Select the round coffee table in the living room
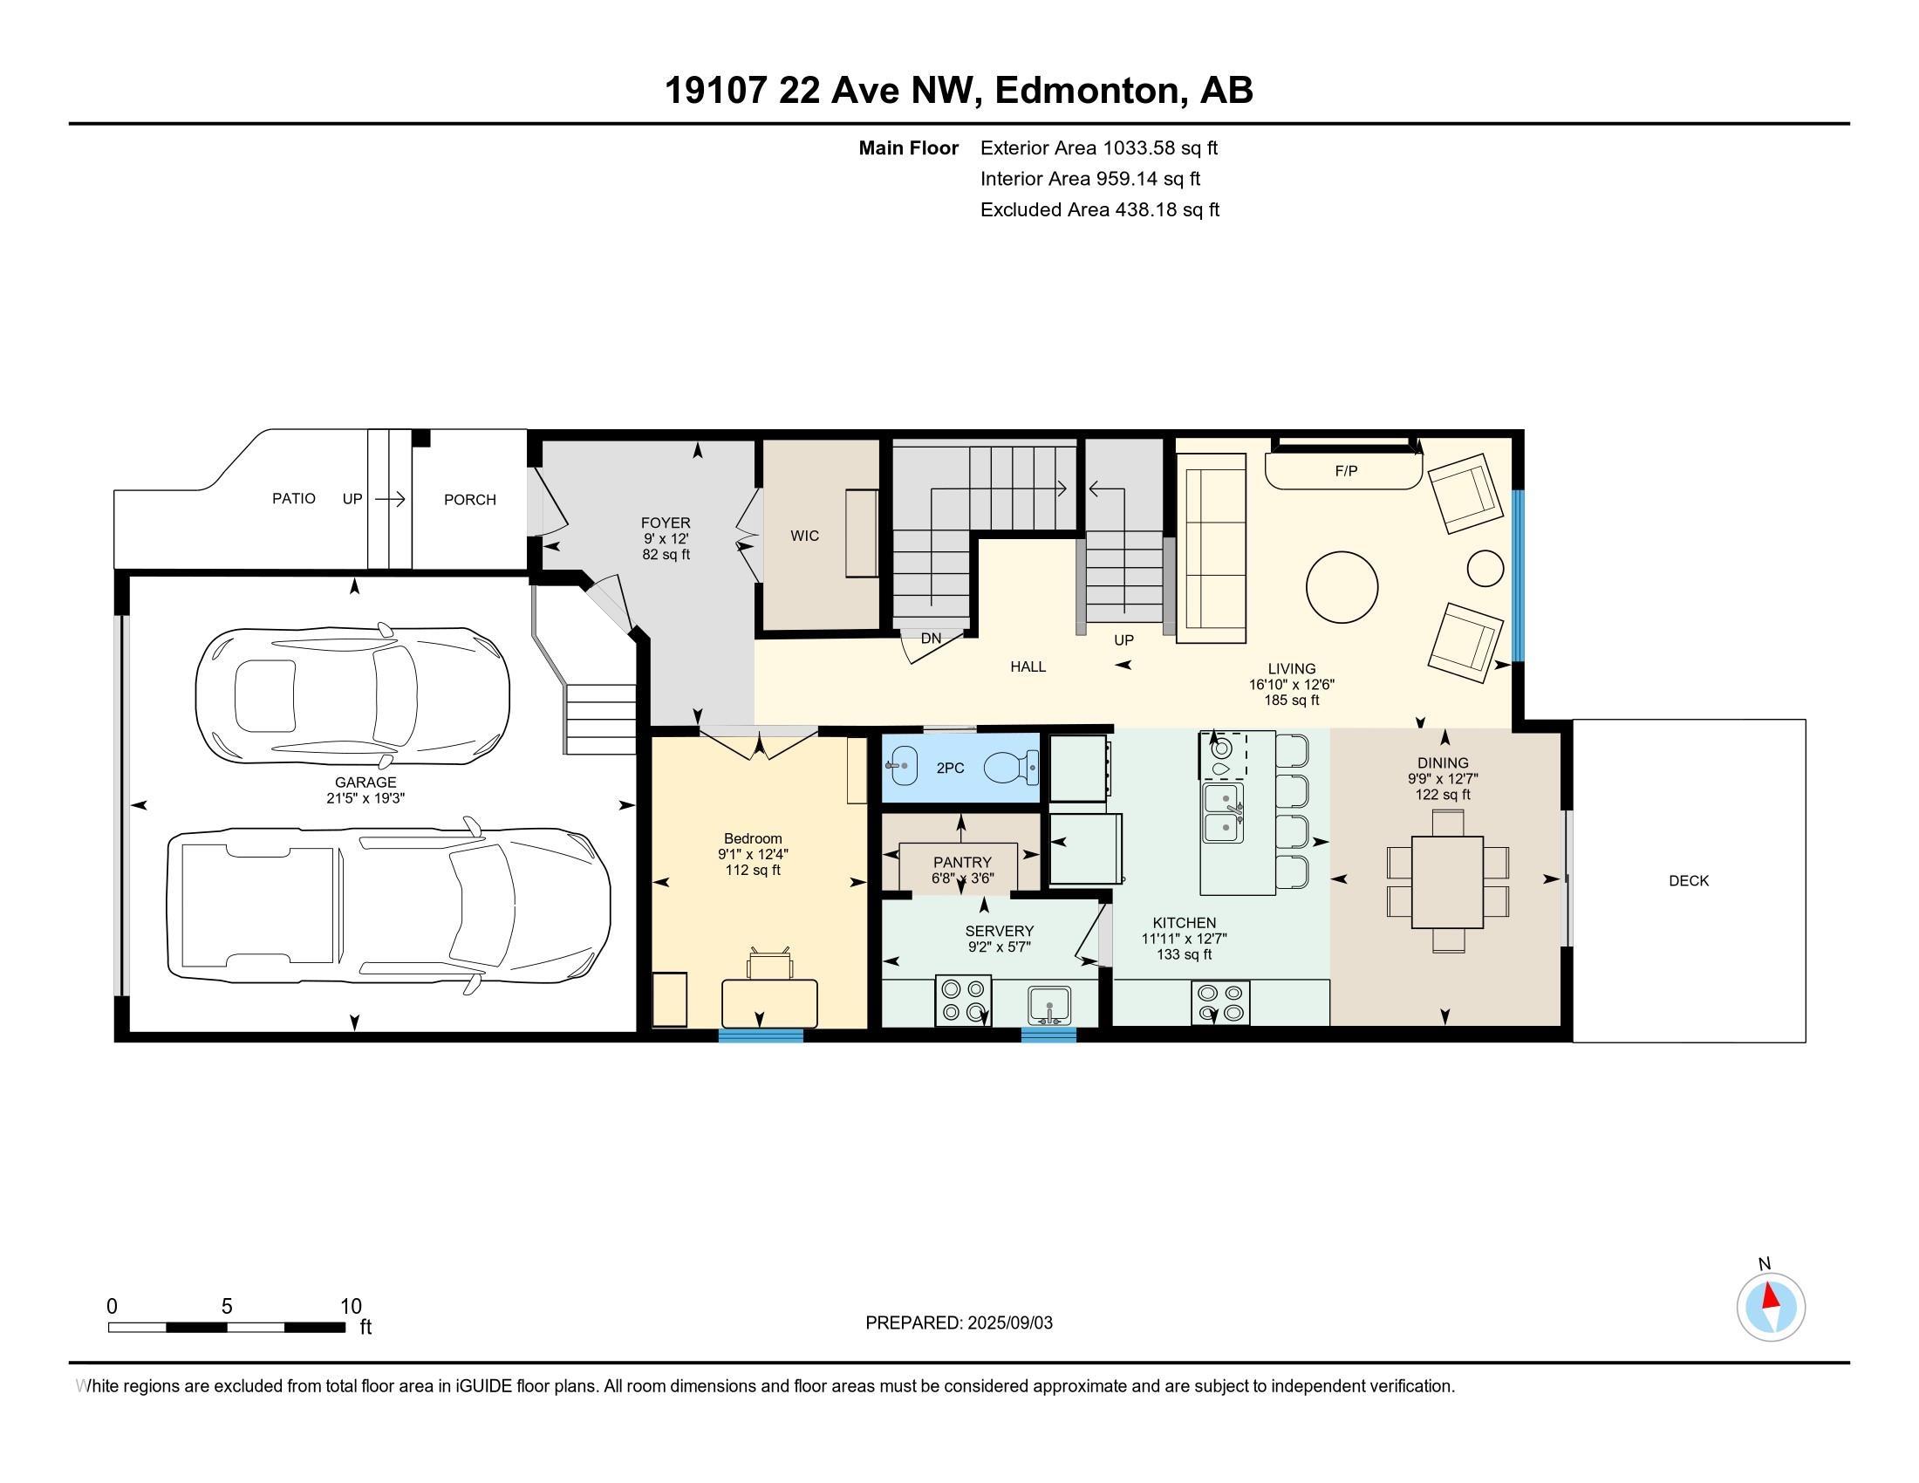[1342, 587]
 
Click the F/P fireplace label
[1346, 471]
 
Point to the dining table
[1447, 881]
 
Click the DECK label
[1689, 880]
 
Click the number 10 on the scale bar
[351, 1306]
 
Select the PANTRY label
[962, 862]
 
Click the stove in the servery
[963, 1001]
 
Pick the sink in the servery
[1049, 1005]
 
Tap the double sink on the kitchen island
[1223, 813]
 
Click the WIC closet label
[804, 535]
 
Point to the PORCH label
[470, 499]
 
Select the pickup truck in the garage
[388, 906]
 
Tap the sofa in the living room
[1211, 548]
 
